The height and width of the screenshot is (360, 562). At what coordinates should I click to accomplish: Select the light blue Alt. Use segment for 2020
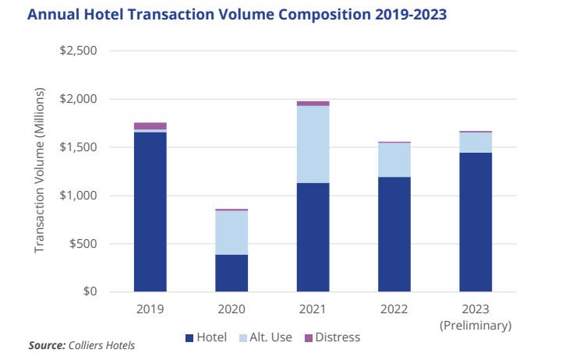pos(232,232)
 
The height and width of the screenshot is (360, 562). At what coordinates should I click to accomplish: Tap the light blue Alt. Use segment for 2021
pos(313,144)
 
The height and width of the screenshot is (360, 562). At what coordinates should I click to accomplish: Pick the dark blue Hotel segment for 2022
pos(394,234)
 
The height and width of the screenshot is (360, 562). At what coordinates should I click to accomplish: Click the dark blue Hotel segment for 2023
pos(475,222)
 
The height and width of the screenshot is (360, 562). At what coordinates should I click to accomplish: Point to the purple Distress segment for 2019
pos(150,125)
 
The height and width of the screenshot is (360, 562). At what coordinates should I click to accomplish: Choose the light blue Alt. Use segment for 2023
pos(475,142)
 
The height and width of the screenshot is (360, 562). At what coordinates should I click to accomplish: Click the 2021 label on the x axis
pos(313,309)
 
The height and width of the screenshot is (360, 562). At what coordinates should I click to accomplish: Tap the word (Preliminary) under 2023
pos(475,324)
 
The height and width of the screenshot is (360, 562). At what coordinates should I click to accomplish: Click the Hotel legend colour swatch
pos(189,337)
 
